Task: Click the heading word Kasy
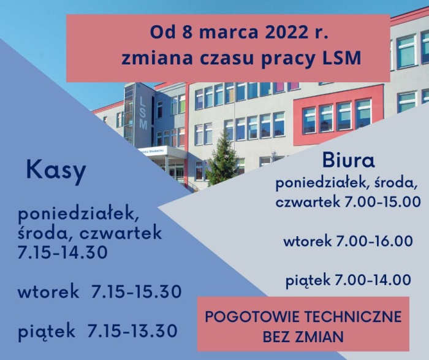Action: pos(56,172)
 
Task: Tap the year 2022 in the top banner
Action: pos(272,31)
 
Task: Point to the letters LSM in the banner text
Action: pos(341,59)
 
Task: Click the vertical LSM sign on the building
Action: pos(143,111)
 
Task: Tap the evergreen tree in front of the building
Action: pos(222,159)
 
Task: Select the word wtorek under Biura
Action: pos(308,241)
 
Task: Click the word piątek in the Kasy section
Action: pos(47,331)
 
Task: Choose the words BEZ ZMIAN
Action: pos(303,337)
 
